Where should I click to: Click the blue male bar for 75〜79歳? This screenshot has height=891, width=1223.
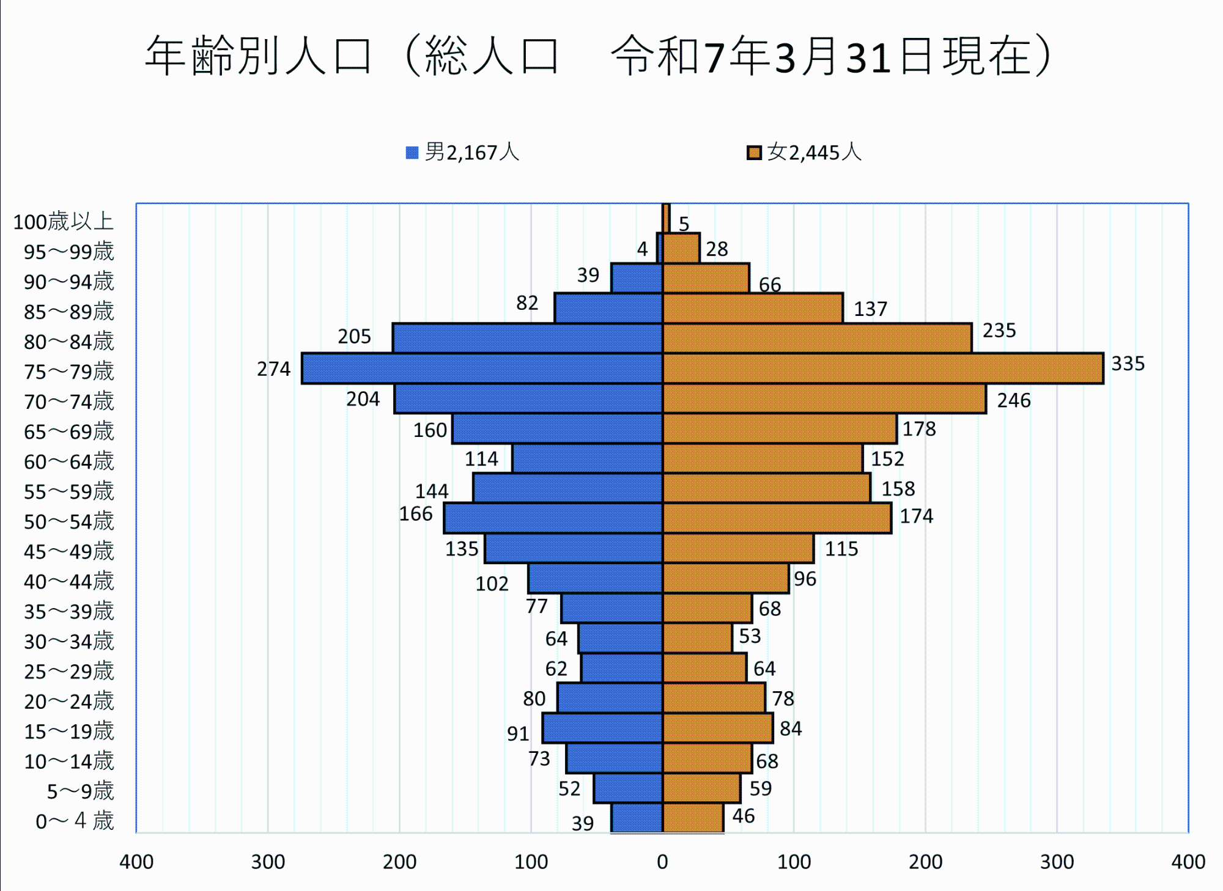482,369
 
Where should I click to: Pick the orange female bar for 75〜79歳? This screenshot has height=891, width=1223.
883,369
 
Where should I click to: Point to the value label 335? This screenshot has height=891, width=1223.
1128,364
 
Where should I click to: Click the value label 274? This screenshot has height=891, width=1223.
273,369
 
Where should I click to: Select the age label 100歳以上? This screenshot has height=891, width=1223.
64,221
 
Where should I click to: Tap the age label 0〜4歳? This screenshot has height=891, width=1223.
75,821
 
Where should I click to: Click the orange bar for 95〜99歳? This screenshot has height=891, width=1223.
681,248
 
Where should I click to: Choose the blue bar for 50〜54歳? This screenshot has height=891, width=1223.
553,518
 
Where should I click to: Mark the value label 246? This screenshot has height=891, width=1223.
1013,400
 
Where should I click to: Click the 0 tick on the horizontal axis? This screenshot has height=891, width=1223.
662,862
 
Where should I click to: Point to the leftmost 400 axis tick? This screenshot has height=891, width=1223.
136,862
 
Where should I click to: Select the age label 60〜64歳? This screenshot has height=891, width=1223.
69,461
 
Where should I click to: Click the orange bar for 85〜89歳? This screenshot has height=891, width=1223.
753,308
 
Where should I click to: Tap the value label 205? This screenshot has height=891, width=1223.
354,336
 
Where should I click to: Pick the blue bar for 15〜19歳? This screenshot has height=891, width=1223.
602,728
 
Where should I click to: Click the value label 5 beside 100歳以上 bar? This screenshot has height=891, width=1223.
684,224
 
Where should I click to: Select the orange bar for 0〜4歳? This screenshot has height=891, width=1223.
693,818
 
